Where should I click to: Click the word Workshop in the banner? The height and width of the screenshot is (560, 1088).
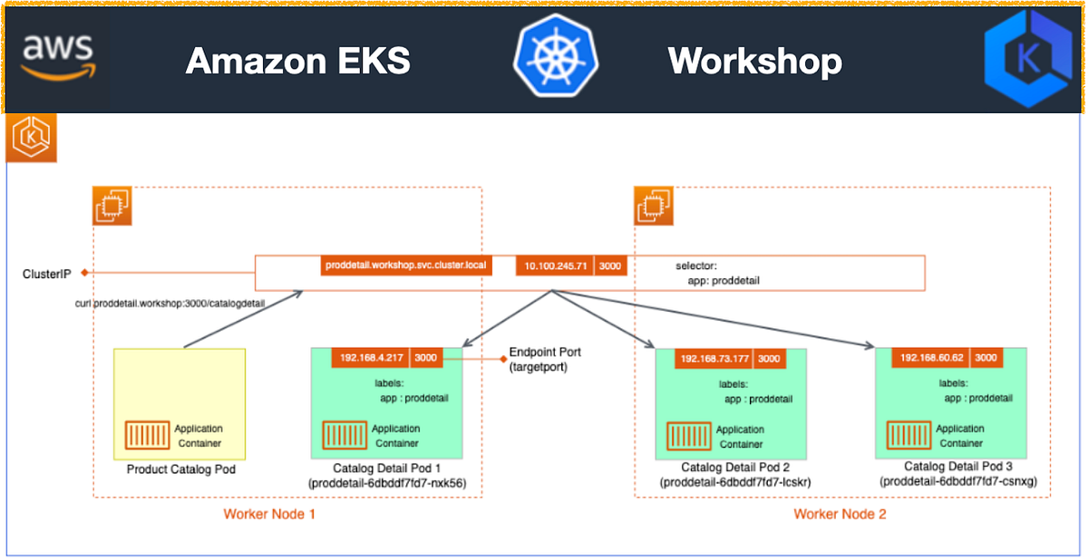pos(754,62)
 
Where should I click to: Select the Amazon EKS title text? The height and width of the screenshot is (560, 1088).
pos(297,62)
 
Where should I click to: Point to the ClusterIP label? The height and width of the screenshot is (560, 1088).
pos(49,273)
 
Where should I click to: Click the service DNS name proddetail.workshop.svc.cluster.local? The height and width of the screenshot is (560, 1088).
pos(405,266)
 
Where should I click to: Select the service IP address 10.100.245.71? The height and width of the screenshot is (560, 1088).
pos(554,266)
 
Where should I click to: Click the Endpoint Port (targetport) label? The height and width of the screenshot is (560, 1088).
pos(544,359)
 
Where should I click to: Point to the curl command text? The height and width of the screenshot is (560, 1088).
pos(170,304)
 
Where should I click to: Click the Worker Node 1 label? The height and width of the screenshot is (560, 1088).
pos(268,515)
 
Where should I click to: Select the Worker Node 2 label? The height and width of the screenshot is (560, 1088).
pos(840,515)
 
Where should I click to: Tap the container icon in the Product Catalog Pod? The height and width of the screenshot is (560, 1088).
pos(145,436)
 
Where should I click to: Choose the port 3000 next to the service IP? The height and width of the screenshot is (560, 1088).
pos(610,266)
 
